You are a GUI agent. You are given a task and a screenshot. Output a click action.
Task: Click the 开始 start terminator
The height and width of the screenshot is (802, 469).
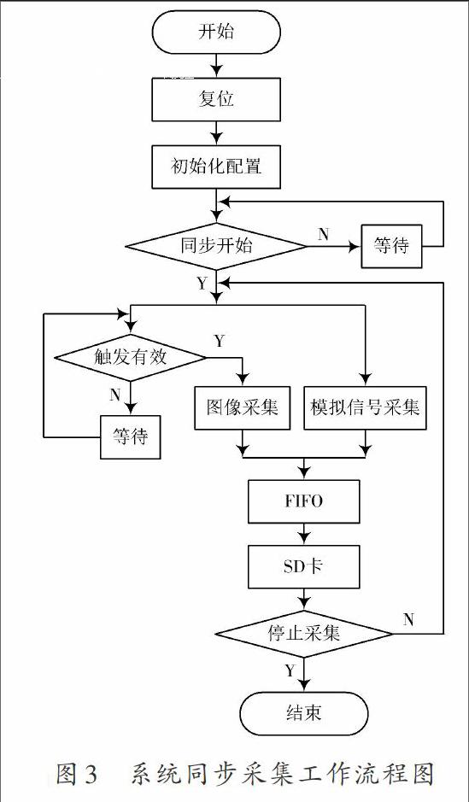coord(216,32)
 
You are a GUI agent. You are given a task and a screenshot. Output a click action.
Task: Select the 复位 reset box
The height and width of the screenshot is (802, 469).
coord(216,99)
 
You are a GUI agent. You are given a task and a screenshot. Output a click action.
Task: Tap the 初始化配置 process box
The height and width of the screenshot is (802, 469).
coord(216,167)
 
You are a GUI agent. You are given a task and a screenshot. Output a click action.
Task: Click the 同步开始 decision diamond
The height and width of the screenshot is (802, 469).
coord(216,246)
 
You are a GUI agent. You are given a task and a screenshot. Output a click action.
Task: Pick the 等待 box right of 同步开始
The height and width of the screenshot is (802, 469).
coord(392,246)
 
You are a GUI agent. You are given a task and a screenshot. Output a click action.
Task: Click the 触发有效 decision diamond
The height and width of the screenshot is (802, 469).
coord(131,357)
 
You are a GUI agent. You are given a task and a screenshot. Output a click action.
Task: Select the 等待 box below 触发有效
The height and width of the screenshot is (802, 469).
coord(130,437)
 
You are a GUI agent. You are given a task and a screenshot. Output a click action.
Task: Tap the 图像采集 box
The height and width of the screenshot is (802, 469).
coord(243,407)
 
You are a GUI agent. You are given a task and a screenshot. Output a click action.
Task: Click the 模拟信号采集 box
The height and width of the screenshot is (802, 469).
coord(365,407)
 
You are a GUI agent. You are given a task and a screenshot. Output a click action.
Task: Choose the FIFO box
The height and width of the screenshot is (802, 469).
coord(304,501)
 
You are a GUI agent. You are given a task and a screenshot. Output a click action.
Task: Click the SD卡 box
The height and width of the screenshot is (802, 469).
coord(304,567)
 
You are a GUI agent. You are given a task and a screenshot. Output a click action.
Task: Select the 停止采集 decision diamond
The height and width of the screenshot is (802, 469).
coord(304,634)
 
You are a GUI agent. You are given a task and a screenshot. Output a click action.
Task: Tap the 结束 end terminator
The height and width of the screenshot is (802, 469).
coord(304,713)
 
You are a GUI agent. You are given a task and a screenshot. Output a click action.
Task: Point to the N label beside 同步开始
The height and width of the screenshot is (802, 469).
coord(323,234)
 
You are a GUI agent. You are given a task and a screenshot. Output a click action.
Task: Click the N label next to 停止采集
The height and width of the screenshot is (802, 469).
coord(408,620)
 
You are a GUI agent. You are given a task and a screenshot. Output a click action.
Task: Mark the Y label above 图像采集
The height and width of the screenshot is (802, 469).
coord(220,341)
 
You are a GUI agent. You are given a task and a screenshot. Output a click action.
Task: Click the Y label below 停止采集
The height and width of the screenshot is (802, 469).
coord(290,670)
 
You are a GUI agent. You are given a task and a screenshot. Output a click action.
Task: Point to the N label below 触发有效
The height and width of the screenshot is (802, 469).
coord(115,395)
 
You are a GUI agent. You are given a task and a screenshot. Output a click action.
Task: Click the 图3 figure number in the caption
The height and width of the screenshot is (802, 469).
coord(77,774)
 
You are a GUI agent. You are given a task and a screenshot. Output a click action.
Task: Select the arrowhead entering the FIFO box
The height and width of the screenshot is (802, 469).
coord(304,474)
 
